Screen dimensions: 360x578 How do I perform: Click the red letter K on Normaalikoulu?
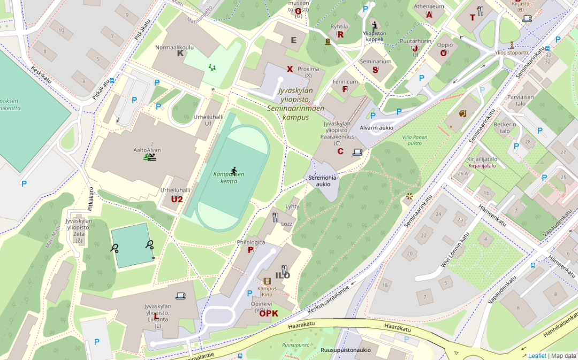(180, 53)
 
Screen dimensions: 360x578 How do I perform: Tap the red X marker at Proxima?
(290, 69)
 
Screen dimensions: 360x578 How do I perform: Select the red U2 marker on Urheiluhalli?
(177, 200)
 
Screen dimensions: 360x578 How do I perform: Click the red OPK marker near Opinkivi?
(269, 313)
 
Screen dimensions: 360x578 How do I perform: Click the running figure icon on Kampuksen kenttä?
(234, 170)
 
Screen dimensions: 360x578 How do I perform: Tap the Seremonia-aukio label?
(322, 181)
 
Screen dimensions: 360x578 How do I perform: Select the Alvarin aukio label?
(376, 128)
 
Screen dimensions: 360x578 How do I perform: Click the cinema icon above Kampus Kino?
(267, 281)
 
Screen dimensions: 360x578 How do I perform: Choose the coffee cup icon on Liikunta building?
(180, 295)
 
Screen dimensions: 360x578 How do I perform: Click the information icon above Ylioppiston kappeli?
(375, 25)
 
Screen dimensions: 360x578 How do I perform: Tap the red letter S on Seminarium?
(375, 70)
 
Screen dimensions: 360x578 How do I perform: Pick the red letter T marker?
(472, 18)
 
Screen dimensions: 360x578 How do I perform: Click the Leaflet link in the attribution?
(537, 356)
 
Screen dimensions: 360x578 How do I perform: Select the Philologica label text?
(251, 242)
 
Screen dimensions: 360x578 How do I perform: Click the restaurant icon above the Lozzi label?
(275, 217)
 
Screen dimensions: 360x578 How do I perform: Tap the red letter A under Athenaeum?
(429, 15)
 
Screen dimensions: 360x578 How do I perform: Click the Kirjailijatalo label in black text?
(482, 159)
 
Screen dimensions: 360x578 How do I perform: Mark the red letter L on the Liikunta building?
(156, 317)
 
